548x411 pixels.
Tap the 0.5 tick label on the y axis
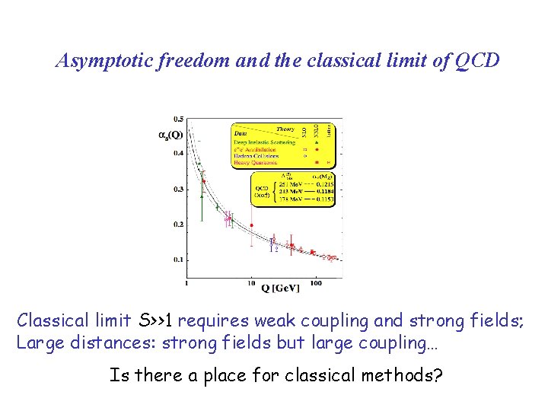pyautogui.click(x=178, y=119)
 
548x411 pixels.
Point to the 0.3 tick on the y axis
pyautogui.click(x=178, y=189)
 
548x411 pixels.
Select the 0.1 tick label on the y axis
pyautogui.click(x=178, y=260)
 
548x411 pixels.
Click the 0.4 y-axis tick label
pyautogui.click(x=178, y=154)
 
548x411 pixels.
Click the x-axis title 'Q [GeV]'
pyautogui.click(x=281, y=288)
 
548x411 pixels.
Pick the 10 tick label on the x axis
pyautogui.click(x=251, y=282)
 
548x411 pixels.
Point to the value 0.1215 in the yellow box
pyautogui.click(x=324, y=185)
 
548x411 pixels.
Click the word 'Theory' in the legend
pyautogui.click(x=285, y=129)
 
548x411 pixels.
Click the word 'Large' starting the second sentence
pyautogui.click(x=38, y=342)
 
